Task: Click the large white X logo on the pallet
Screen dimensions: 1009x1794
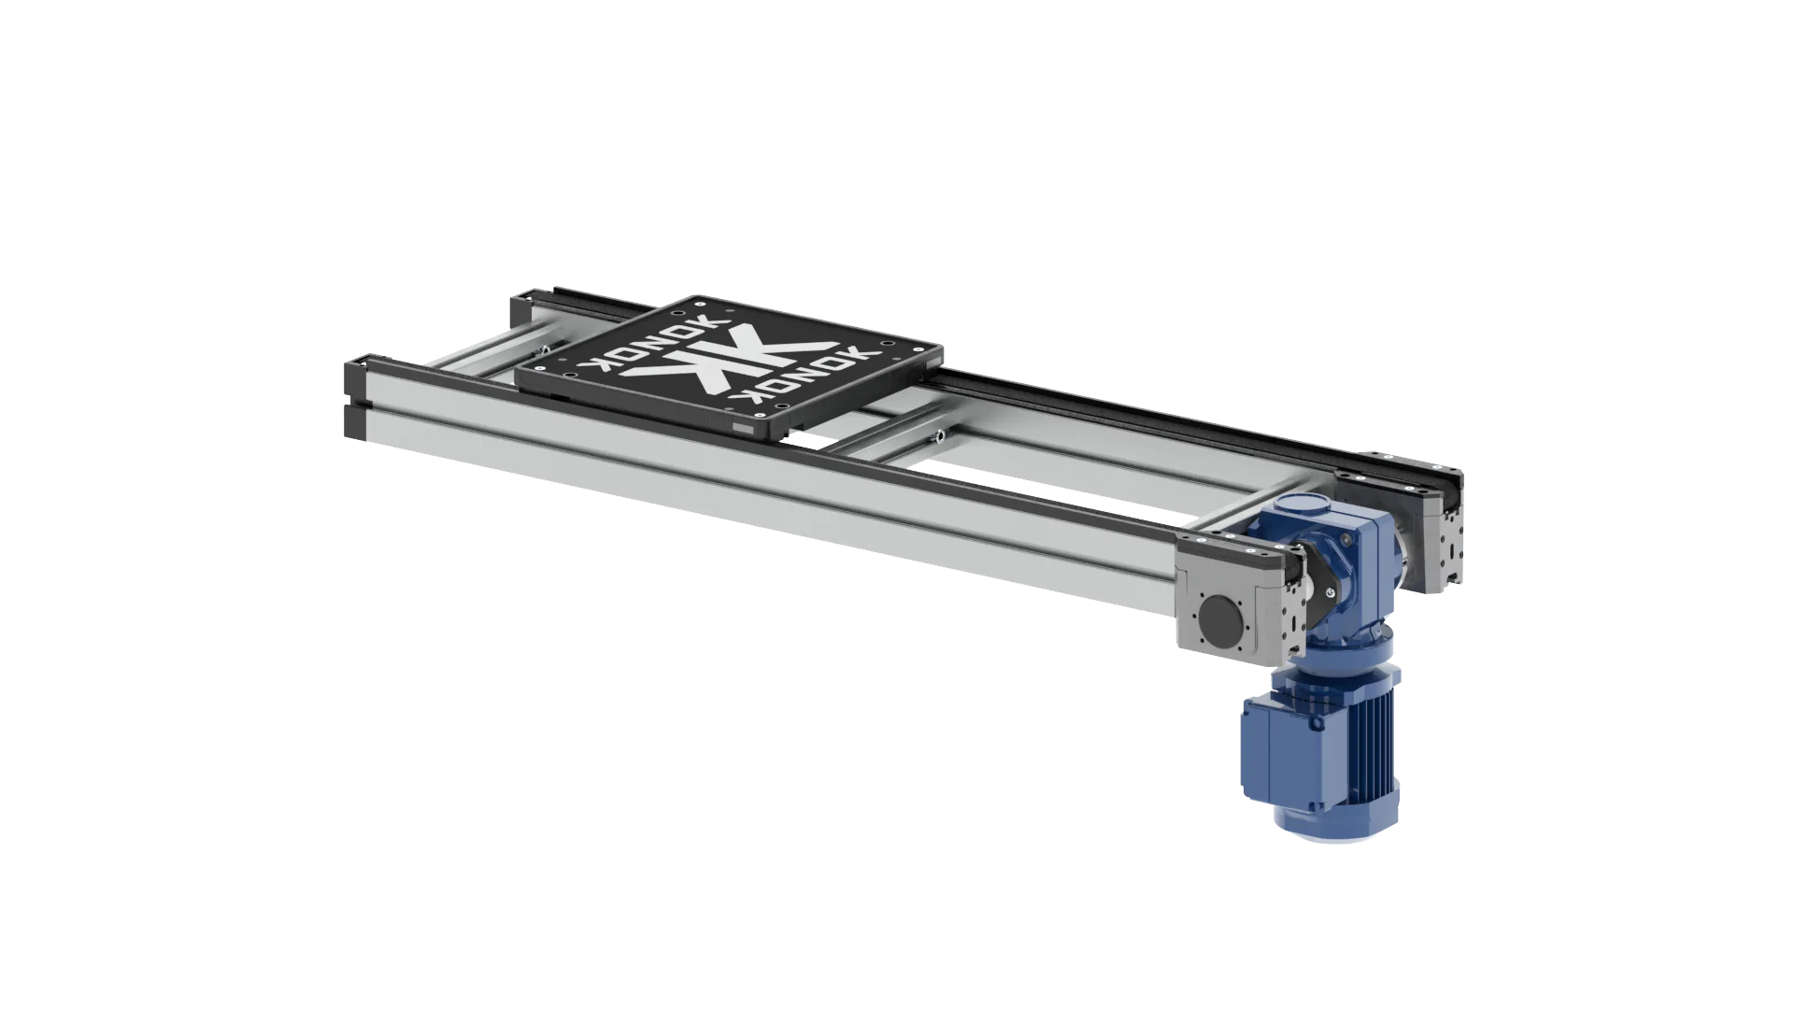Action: coord(729,365)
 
